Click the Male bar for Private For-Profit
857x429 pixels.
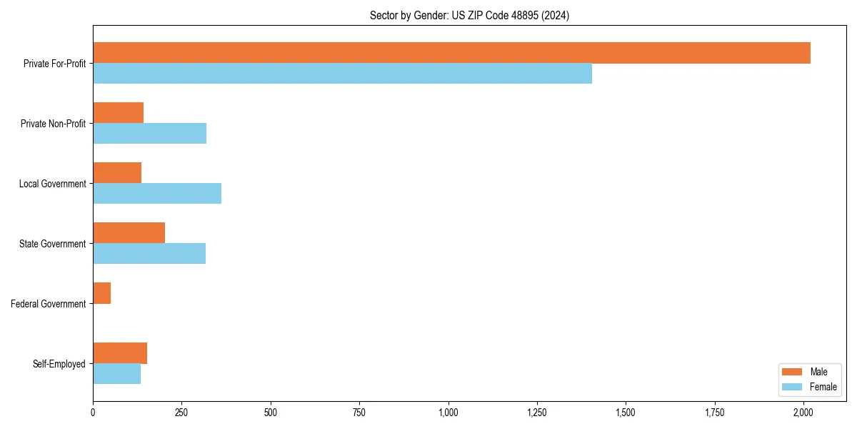tap(451, 53)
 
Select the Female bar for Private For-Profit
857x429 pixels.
tap(342, 74)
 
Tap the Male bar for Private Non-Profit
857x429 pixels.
tap(118, 113)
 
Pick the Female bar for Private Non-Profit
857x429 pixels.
tap(149, 134)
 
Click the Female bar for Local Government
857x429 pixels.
tap(157, 194)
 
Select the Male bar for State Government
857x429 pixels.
tap(129, 233)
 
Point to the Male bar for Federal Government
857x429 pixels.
tap(101, 293)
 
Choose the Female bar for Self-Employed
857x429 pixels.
tap(116, 374)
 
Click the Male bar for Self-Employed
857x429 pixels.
tap(120, 353)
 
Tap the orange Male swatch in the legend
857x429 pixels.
tap(793, 372)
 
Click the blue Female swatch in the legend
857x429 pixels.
tap(793, 387)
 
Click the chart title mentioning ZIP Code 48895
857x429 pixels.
tap(469, 15)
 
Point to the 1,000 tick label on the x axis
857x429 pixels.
tap(448, 413)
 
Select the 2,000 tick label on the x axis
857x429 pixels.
tap(803, 413)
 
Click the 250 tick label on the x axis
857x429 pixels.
tap(181, 413)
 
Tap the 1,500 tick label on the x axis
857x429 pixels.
tap(626, 413)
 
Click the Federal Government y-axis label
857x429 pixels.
tap(49, 304)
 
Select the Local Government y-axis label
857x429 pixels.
tap(52, 184)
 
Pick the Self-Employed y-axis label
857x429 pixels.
tap(59, 364)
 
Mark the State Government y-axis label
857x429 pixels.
tap(52, 244)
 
